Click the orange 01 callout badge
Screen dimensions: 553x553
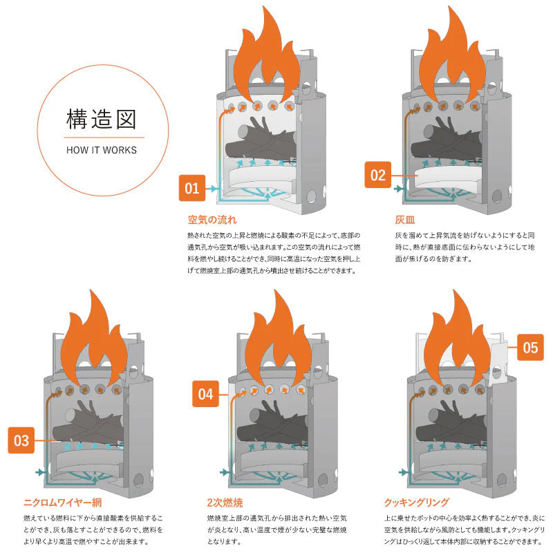[192, 188]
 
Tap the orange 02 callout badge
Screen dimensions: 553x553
[377, 175]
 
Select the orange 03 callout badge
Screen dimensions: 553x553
[21, 440]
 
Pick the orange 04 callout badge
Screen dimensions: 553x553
[206, 395]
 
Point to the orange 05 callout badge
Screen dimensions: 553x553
[529, 347]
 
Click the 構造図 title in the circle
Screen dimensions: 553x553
[102, 118]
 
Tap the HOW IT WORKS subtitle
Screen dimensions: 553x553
[102, 150]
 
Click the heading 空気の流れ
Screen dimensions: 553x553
[212, 221]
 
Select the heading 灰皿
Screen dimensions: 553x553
[404, 221]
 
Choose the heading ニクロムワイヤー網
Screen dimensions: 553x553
[62, 503]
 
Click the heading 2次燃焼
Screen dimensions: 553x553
[225, 503]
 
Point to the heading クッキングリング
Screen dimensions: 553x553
[416, 503]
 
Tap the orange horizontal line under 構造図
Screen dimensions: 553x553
[102, 137]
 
